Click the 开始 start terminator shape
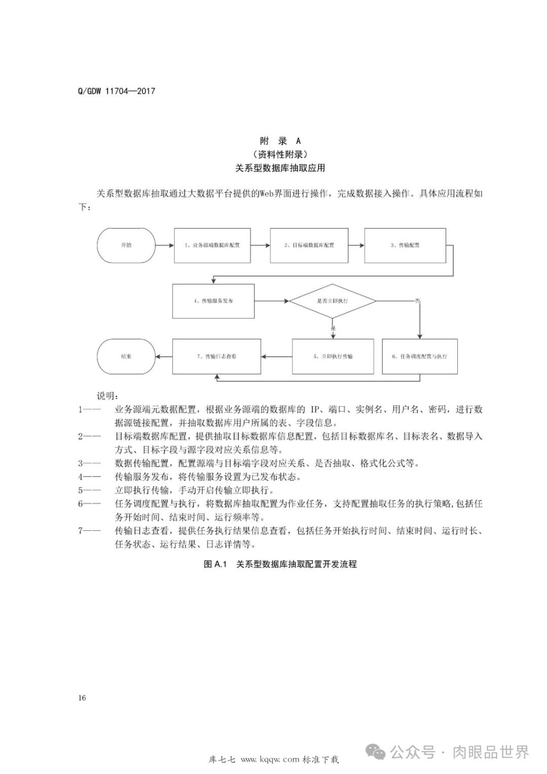tap(126, 245)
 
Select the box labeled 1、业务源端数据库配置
tap(212, 245)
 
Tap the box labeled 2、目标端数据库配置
tap(309, 245)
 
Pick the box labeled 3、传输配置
tap(405, 245)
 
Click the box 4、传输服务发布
tap(213, 301)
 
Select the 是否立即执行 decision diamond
tap(332, 301)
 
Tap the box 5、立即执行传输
tap(333, 357)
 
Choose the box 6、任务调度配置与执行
tap(419, 357)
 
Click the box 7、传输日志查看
tap(217, 357)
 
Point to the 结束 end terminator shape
tap(126, 357)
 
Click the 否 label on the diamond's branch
tap(417, 301)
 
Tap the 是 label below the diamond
tap(333, 328)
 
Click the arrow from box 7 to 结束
tap(164, 357)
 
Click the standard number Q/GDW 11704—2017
tap(116, 91)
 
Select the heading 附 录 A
tap(280, 141)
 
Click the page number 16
tap(82, 698)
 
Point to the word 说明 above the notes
tap(108, 396)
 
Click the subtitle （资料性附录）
tap(280, 154)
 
